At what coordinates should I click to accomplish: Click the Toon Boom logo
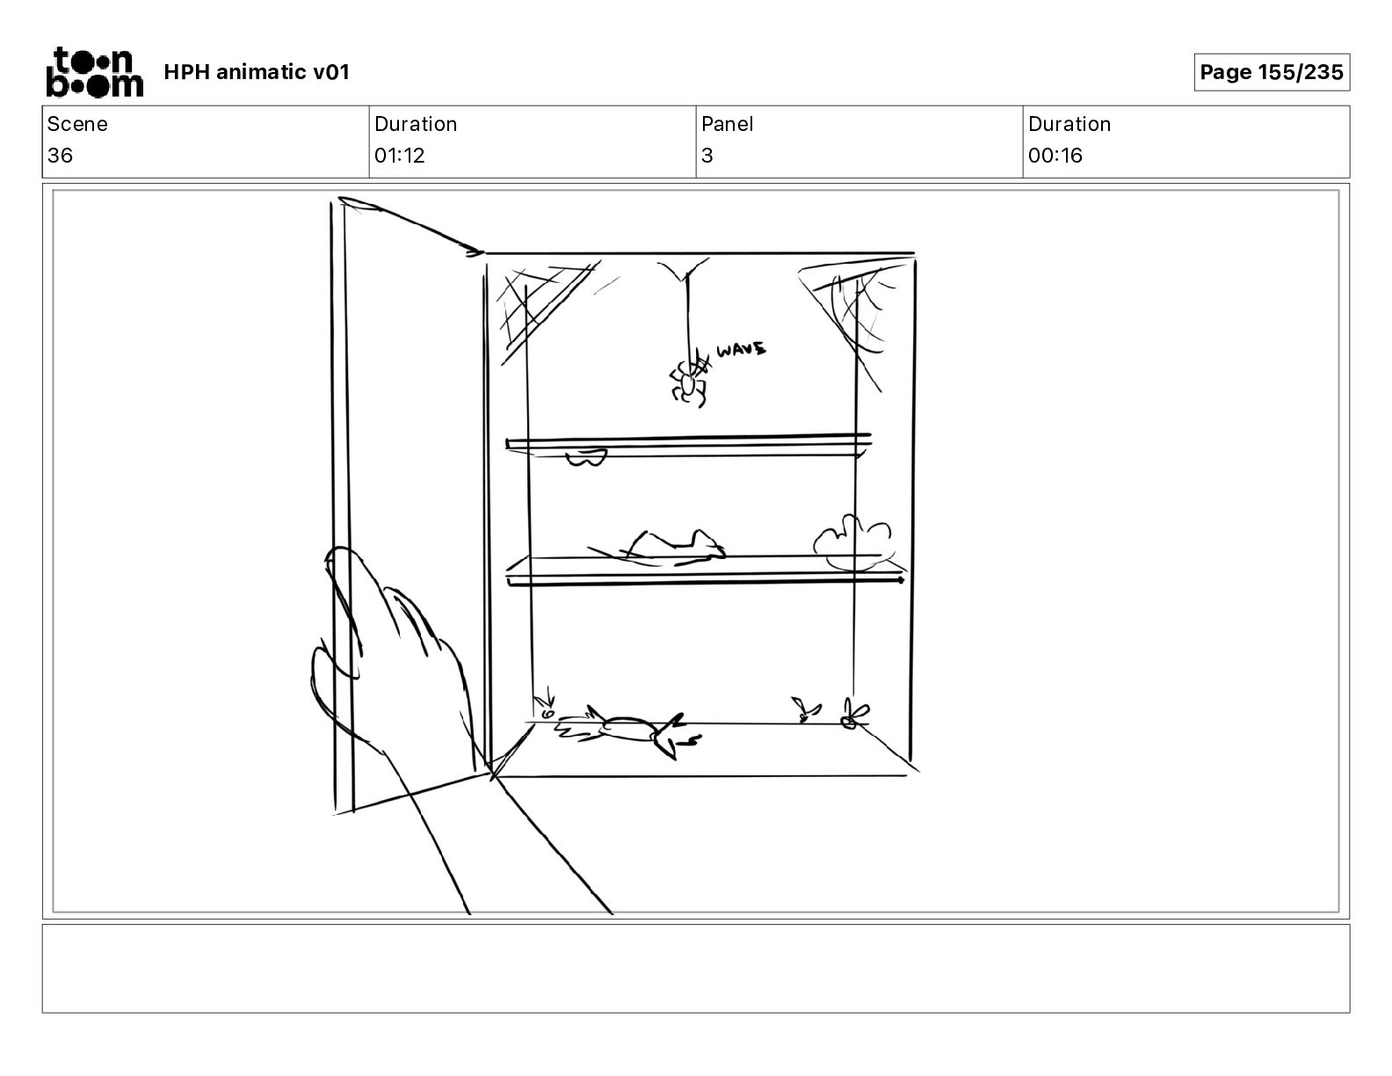(94, 72)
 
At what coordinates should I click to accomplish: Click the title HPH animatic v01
(257, 72)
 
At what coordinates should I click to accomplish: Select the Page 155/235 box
(1271, 72)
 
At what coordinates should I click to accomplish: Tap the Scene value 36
(61, 156)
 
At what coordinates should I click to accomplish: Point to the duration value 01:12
(400, 156)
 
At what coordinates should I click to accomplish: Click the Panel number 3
(707, 156)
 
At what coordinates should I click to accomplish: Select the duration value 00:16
(1055, 156)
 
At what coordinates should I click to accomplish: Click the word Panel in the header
(727, 124)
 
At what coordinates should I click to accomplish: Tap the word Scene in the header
(77, 124)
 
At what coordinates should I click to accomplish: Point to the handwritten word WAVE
(741, 350)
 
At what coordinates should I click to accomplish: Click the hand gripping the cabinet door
(395, 659)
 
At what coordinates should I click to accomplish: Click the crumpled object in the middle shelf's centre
(668, 547)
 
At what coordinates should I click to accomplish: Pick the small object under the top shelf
(585, 457)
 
